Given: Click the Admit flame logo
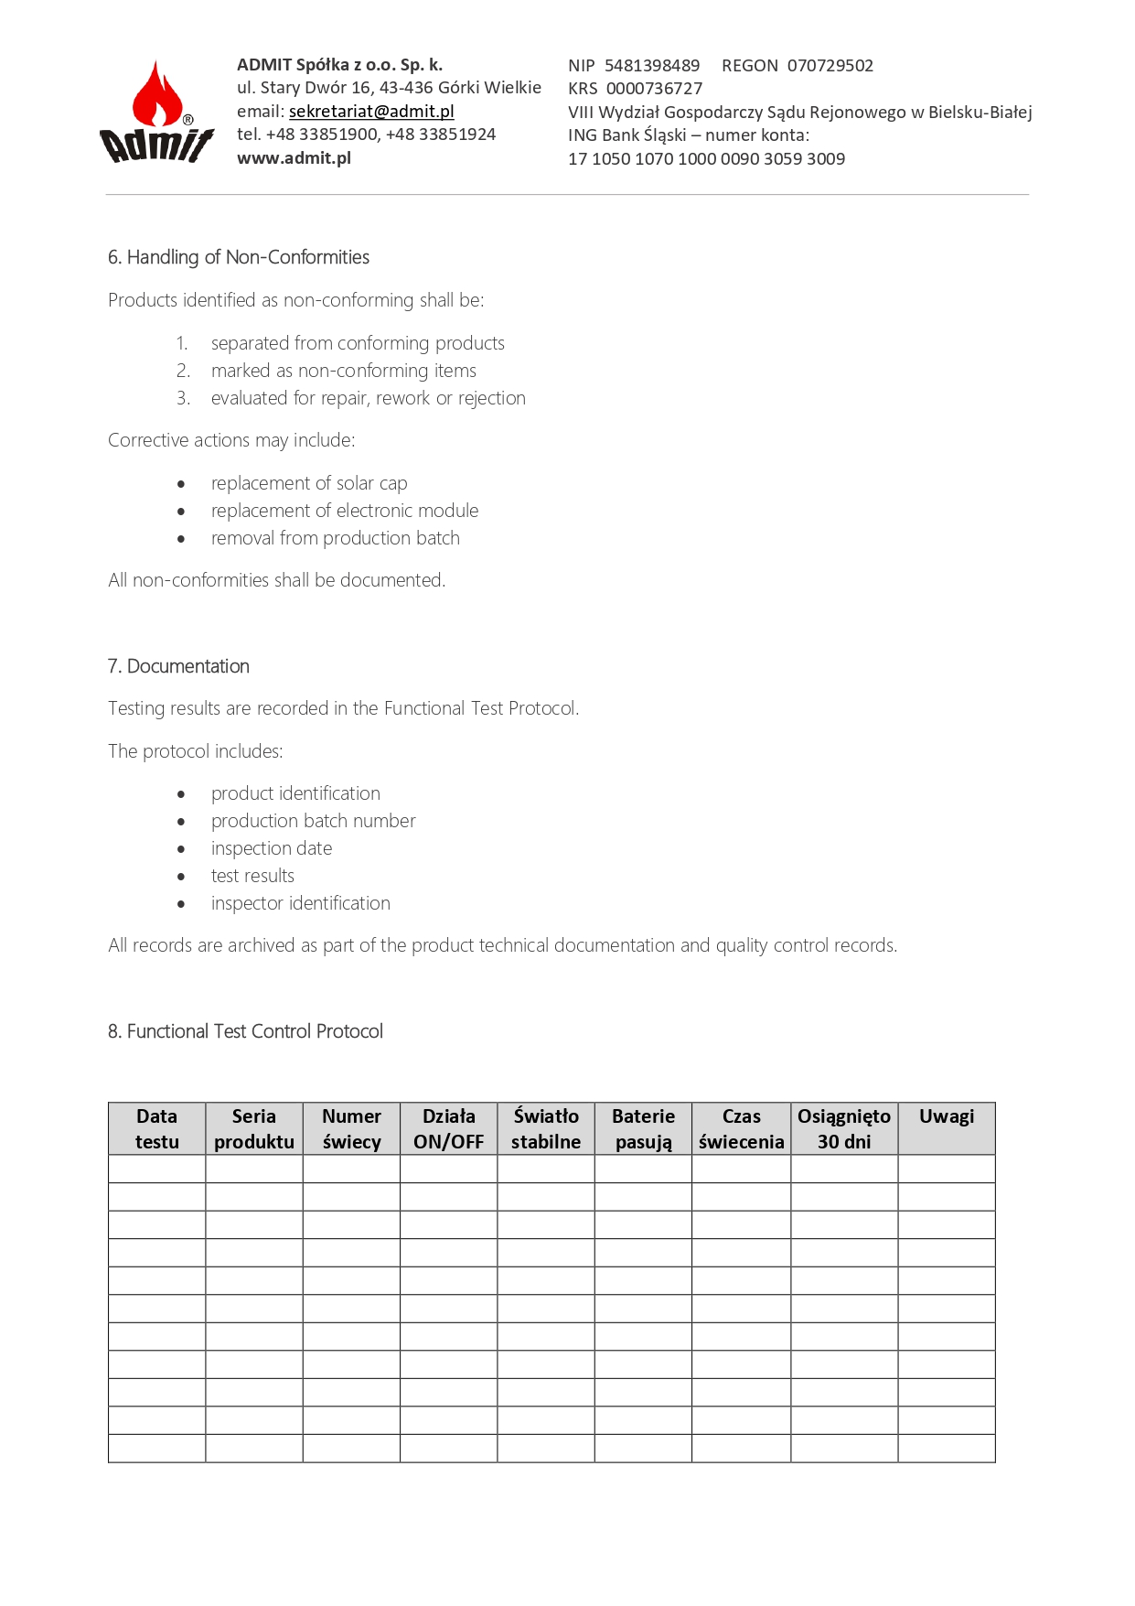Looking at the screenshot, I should (x=156, y=113).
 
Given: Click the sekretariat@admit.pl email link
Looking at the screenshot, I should (x=371, y=112).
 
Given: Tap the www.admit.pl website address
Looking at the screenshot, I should (x=294, y=158).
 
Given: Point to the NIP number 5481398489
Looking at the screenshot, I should (x=651, y=66).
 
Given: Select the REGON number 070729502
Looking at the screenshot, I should (x=830, y=66).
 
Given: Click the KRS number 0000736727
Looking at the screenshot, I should (x=654, y=89).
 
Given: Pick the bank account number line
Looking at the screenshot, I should (x=706, y=159).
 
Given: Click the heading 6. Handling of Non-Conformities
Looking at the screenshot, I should (x=239, y=257).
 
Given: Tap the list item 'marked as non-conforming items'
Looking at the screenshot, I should (x=343, y=371).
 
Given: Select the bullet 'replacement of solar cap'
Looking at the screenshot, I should (x=309, y=483).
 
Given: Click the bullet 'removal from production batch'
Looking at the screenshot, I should (x=335, y=538).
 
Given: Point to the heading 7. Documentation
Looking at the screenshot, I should (x=178, y=666).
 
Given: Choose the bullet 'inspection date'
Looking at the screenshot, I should (x=272, y=848).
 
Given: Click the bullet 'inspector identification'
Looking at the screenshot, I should (x=300, y=903).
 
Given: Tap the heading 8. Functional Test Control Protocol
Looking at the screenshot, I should (x=245, y=1031).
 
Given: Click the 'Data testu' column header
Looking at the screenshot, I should (x=157, y=1128).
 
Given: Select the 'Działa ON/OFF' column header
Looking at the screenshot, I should (x=448, y=1128).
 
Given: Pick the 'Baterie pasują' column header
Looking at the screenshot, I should (x=643, y=1128).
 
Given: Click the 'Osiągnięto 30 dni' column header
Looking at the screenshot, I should (x=843, y=1128).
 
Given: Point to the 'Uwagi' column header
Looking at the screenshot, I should (x=947, y=1117).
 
